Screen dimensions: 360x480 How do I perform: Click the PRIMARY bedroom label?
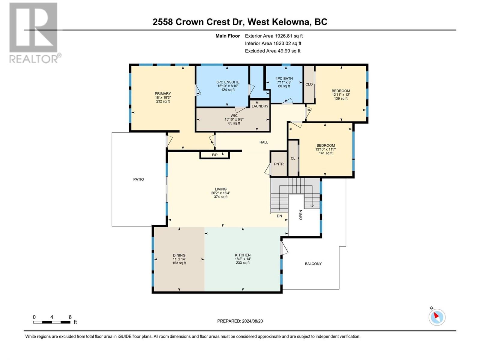tap(163, 94)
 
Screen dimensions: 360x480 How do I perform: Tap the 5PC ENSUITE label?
tap(228, 82)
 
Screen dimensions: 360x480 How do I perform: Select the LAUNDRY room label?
tap(260, 106)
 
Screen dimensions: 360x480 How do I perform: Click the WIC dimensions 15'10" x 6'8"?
tap(234, 119)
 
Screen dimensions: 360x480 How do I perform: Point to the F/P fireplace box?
tap(215, 155)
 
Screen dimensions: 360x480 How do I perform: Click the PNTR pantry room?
tap(279, 164)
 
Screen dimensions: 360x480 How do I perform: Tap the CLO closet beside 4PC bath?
tap(309, 84)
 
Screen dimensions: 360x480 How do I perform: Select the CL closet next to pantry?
tap(293, 158)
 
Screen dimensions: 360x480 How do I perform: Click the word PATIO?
tap(139, 179)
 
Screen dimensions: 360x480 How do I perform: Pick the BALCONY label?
tap(313, 264)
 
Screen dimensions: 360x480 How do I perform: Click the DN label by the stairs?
tap(279, 216)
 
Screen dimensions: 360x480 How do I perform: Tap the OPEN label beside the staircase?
tap(301, 215)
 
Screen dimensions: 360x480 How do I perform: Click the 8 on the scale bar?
tap(70, 317)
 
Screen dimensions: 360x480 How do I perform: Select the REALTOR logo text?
tap(35, 58)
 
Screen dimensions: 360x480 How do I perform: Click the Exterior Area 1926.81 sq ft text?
tap(274, 36)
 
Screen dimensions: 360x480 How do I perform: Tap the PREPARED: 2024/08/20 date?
tap(240, 321)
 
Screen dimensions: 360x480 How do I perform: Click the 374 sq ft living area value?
tap(220, 197)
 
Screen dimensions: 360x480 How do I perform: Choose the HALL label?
tap(264, 142)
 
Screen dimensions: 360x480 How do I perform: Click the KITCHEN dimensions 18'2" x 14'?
tap(243, 259)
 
